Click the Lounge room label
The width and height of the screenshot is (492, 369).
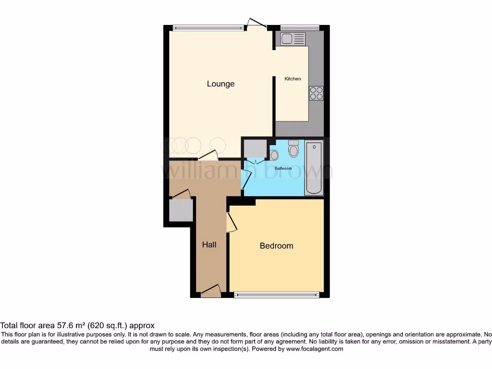pyautogui.click(x=221, y=84)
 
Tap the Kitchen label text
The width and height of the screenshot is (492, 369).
pyautogui.click(x=293, y=79)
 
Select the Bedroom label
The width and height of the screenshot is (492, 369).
pyautogui.click(x=276, y=246)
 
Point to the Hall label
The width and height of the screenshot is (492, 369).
pyautogui.click(x=209, y=245)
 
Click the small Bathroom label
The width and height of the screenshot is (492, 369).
pyautogui.click(x=283, y=169)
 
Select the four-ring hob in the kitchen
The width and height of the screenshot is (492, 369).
pyautogui.click(x=316, y=93)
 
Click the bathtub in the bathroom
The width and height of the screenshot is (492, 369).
pyautogui.click(x=314, y=168)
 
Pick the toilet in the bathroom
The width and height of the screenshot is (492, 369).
pyautogui.click(x=294, y=149)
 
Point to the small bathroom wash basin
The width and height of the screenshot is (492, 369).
pyautogui.click(x=274, y=155)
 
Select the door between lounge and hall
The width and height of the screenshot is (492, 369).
pyautogui.click(x=208, y=155)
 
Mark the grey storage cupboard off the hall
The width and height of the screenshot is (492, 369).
pyautogui.click(x=181, y=210)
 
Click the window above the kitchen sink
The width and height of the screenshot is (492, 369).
pyautogui.click(x=300, y=27)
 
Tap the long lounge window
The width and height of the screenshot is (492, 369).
pyautogui.click(x=208, y=27)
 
